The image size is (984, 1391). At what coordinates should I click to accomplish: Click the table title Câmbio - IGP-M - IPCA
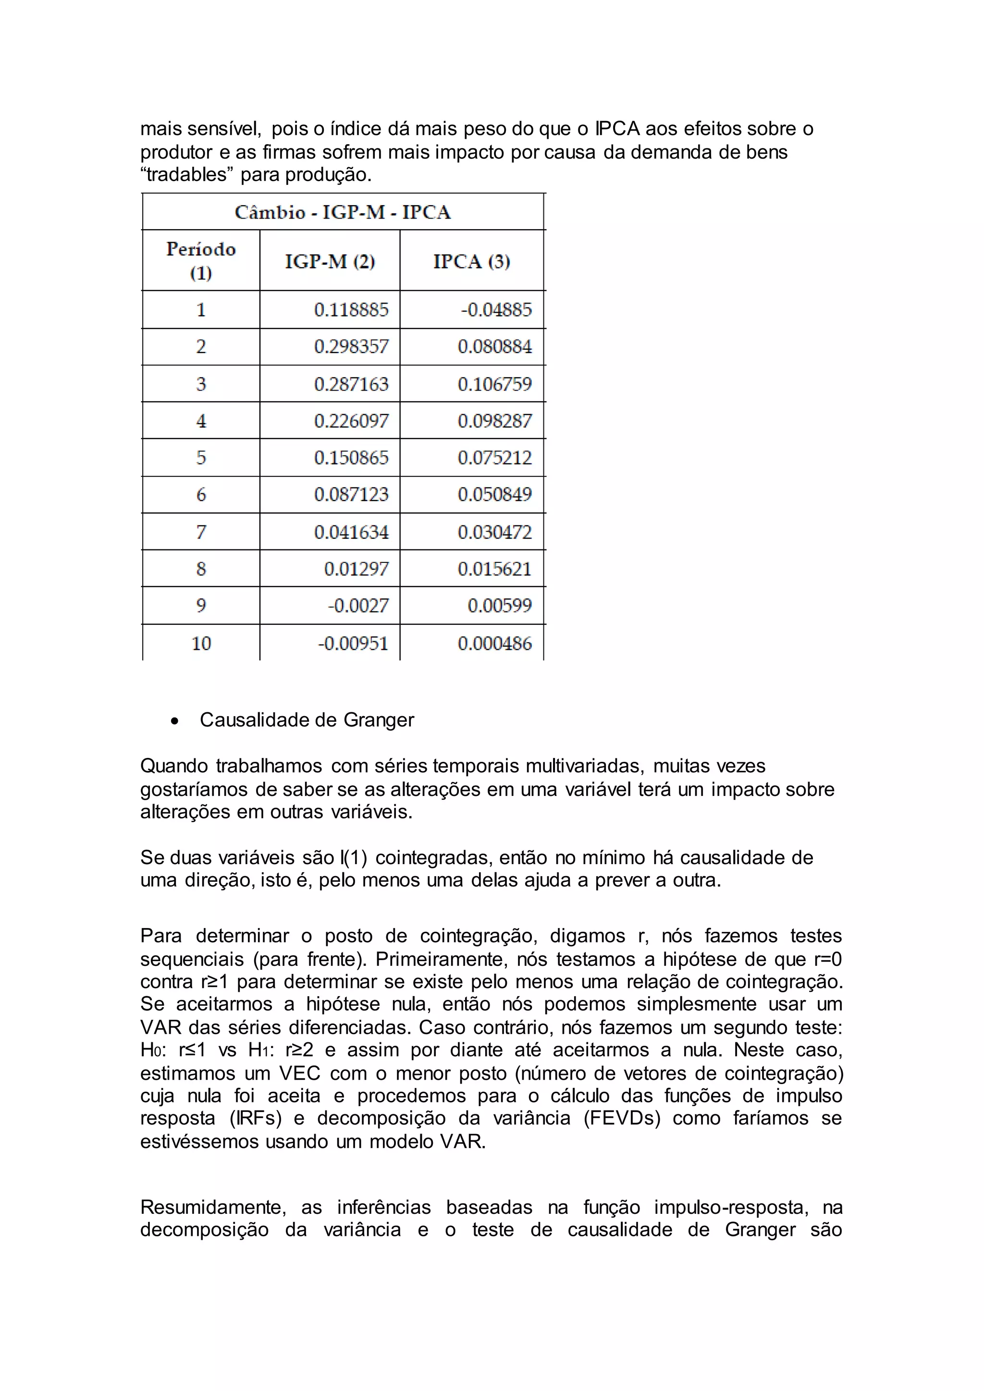click(343, 212)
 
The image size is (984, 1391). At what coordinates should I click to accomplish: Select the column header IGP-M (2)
click(330, 261)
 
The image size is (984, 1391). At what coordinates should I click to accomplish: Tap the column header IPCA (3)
click(471, 261)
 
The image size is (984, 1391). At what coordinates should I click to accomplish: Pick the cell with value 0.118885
click(351, 310)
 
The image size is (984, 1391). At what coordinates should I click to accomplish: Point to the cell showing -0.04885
click(496, 310)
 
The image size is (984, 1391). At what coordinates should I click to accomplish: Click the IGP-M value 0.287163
click(351, 384)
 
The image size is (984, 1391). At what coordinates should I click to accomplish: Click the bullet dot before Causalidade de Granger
click(174, 721)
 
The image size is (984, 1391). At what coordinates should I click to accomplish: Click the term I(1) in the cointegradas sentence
click(353, 857)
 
